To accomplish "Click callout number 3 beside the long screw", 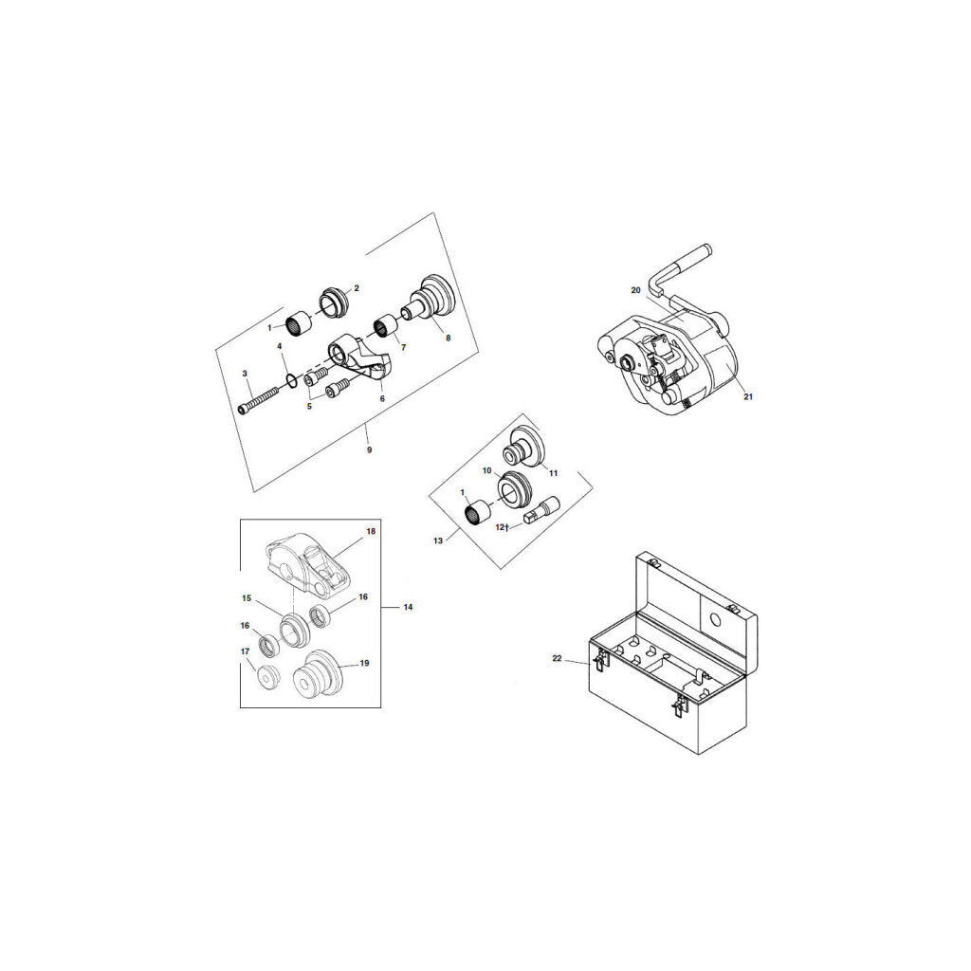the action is click(245, 374).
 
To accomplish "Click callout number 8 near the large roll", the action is click(448, 339).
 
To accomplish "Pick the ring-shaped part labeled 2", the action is click(335, 302).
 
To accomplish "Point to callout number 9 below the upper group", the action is click(370, 450).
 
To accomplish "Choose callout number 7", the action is click(403, 348).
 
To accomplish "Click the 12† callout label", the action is click(503, 527).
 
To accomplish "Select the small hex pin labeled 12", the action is click(541, 508).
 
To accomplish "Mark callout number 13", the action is click(438, 540).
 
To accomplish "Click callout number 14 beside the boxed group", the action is click(408, 608).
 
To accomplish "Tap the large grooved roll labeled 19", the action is click(319, 674).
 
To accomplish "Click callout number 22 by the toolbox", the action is click(557, 658).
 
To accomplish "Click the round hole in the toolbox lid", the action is click(715, 618).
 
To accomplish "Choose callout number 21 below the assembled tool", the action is click(748, 397).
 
